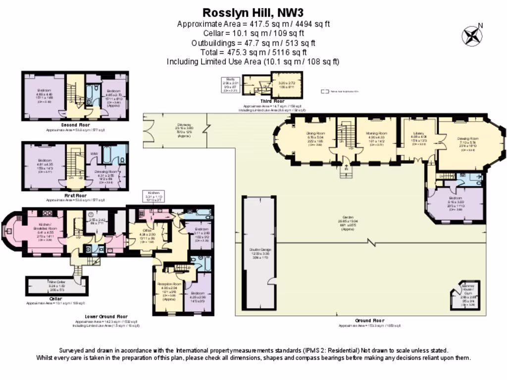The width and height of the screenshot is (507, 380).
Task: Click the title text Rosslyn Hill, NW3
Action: click(x=253, y=12)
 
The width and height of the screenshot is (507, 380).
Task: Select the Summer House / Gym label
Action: click(x=467, y=289)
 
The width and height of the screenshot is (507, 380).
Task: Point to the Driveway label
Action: click(x=184, y=125)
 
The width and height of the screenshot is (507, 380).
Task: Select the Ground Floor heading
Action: click(x=369, y=321)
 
